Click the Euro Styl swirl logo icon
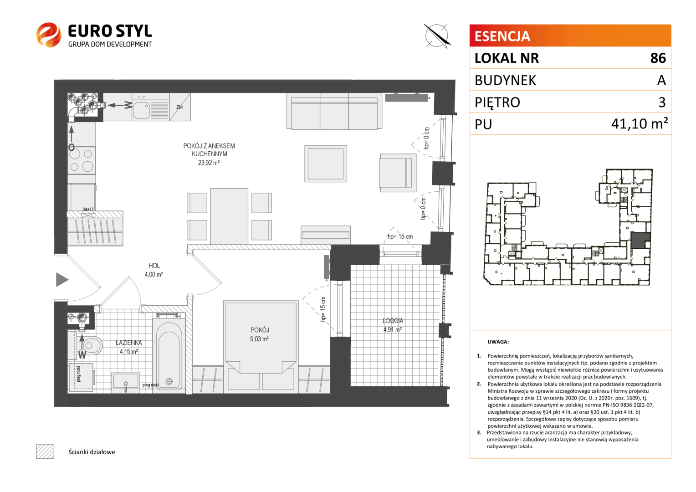pyautogui.click(x=48, y=35)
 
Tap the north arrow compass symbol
pyautogui.click(x=437, y=36)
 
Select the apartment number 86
pyautogui.click(x=658, y=58)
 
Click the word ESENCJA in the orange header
pyautogui.click(x=502, y=36)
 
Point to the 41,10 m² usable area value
pyautogui.click(x=640, y=124)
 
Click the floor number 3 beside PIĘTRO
pyautogui.click(x=662, y=102)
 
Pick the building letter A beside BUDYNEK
pyautogui.click(x=661, y=80)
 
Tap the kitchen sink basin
pyautogui.click(x=141, y=110)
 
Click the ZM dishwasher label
pyautogui.click(x=179, y=107)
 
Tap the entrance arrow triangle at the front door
pyautogui.click(x=62, y=279)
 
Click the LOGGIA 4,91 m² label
pyautogui.click(x=393, y=325)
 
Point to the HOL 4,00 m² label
pyautogui.click(x=154, y=270)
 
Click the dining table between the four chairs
pyautogui.click(x=229, y=216)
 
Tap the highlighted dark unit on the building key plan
pyautogui.click(x=640, y=240)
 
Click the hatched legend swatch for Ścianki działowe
pyautogui.click(x=45, y=451)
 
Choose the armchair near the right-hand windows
pyautogui.click(x=398, y=173)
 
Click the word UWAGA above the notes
pyautogui.click(x=498, y=342)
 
